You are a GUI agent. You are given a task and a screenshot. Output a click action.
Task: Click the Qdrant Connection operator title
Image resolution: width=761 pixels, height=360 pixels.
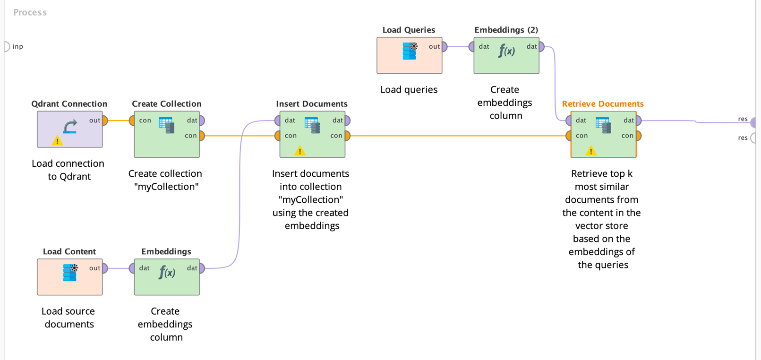point(69,104)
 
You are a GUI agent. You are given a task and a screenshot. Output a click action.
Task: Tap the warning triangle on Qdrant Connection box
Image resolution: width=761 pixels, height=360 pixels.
point(57,141)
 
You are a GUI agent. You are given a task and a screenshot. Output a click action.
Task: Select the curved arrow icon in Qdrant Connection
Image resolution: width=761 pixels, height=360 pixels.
point(70,127)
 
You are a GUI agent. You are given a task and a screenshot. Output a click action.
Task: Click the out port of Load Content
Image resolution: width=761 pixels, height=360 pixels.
point(105,268)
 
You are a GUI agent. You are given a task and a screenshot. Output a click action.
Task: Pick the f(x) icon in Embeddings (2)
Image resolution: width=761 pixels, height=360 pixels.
point(506,51)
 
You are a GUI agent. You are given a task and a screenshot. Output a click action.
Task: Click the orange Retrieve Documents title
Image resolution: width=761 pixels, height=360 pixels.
point(603,104)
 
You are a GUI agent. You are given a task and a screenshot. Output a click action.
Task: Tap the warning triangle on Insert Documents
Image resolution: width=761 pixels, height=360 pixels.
point(300,151)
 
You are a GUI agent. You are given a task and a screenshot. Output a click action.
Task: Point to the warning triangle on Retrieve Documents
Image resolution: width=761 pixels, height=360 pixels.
point(591,151)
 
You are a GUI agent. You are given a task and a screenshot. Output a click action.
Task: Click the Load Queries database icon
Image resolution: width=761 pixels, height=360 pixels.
point(410,51)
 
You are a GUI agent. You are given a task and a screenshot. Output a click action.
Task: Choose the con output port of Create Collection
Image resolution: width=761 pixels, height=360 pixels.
point(202,136)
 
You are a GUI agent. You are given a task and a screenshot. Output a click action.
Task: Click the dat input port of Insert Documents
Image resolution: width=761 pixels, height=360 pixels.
point(278,121)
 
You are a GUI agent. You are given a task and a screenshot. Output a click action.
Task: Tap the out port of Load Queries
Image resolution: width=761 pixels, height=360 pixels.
point(444,47)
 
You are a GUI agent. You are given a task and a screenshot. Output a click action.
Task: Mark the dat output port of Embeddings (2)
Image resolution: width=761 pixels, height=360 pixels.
point(541,47)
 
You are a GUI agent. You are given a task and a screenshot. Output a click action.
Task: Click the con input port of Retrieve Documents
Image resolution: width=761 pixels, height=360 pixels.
point(569,136)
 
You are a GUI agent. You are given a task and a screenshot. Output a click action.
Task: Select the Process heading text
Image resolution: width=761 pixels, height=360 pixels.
point(30,13)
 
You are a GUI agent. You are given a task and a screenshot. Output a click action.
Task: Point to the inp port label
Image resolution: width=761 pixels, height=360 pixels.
point(17,46)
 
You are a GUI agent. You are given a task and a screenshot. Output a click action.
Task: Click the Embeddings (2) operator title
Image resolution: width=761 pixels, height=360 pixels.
point(506,30)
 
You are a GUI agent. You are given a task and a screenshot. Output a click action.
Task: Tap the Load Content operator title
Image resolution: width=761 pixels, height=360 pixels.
point(69,252)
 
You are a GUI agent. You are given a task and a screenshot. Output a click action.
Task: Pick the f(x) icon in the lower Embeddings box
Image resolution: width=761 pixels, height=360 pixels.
point(167,273)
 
